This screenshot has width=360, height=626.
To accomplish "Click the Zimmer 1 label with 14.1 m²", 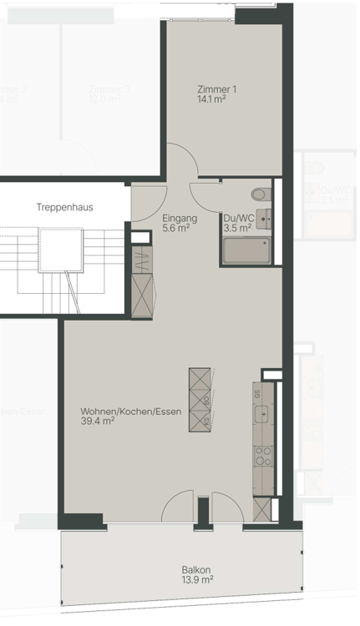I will (217, 93).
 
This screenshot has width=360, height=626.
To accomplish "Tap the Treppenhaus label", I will (64, 207).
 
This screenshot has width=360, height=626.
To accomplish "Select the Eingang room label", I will (180, 223).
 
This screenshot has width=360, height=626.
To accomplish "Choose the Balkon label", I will (197, 575).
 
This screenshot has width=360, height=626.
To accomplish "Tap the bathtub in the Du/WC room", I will (246, 250).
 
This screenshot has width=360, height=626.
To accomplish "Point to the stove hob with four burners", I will (262, 456).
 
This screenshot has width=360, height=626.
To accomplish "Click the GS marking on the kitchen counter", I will (258, 393).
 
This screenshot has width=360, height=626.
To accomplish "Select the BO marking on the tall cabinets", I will (205, 401).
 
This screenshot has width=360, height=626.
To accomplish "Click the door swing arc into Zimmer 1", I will (180, 160).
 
